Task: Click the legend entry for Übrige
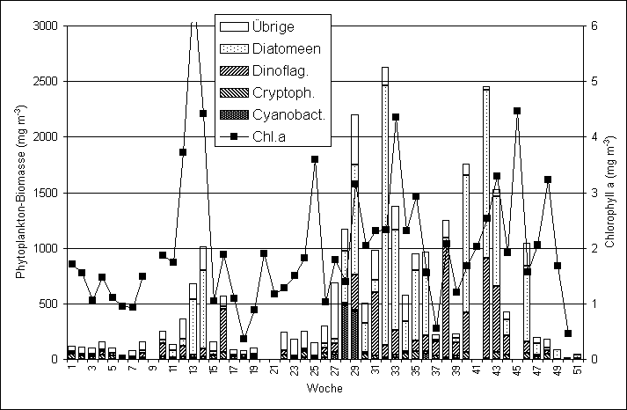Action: [272, 27]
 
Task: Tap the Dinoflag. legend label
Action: [276, 71]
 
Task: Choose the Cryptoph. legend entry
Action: [278, 93]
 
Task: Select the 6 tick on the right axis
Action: [595, 26]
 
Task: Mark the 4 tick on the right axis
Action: [595, 137]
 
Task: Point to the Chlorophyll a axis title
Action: [611, 192]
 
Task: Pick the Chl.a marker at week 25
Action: [315, 159]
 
